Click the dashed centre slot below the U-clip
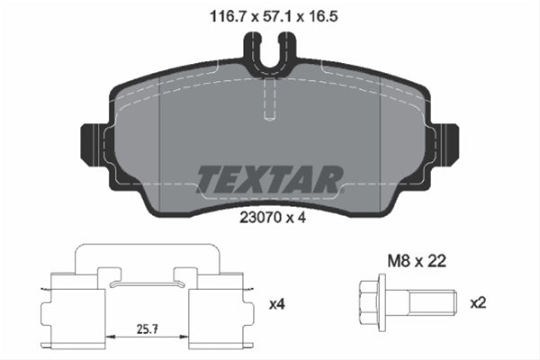pyautogui.click(x=269, y=99)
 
